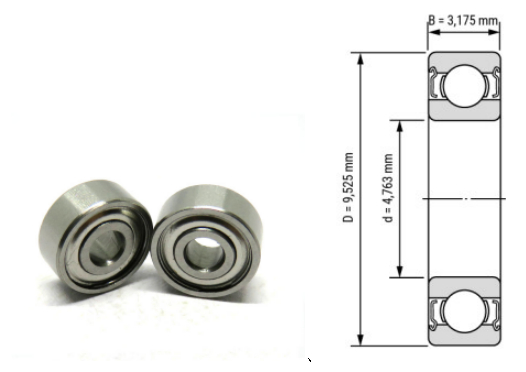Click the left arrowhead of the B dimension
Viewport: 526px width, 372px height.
pyautogui.click(x=432, y=29)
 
